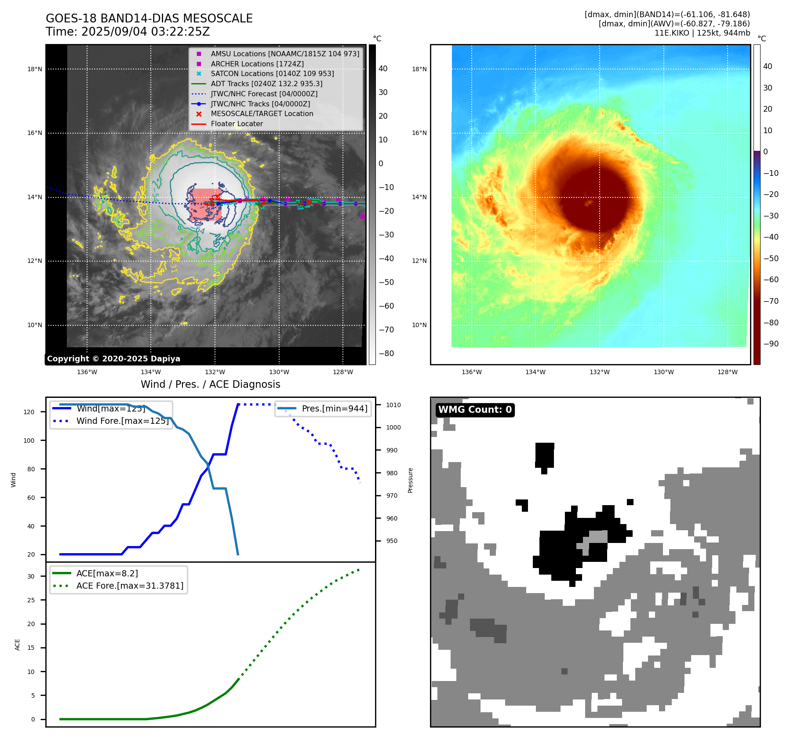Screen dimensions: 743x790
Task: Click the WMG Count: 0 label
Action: click(x=475, y=410)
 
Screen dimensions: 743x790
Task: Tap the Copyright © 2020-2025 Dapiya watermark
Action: click(x=113, y=359)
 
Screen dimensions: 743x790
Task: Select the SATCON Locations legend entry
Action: click(x=272, y=74)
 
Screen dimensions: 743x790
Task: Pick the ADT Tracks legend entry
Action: click(x=266, y=84)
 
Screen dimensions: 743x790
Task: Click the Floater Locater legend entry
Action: click(x=237, y=124)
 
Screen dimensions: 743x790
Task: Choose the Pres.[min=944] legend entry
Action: click(x=334, y=408)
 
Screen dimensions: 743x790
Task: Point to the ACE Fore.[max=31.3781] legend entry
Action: click(x=130, y=586)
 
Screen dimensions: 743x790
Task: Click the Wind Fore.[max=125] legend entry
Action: click(x=122, y=421)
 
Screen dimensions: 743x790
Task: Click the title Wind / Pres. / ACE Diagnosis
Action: click(x=210, y=384)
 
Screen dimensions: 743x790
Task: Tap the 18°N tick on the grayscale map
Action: click(x=35, y=69)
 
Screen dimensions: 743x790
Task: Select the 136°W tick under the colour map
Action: click(x=471, y=372)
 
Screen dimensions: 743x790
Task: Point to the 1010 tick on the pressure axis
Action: click(x=393, y=405)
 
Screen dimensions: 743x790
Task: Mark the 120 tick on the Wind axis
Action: click(x=29, y=412)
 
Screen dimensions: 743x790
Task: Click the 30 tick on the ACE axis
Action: click(x=31, y=576)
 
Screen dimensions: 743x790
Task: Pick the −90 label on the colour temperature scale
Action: click(x=771, y=344)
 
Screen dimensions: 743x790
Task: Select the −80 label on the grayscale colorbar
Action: click(x=386, y=353)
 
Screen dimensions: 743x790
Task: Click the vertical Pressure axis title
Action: click(x=410, y=480)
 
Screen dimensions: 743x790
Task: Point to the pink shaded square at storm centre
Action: click(x=205, y=204)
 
